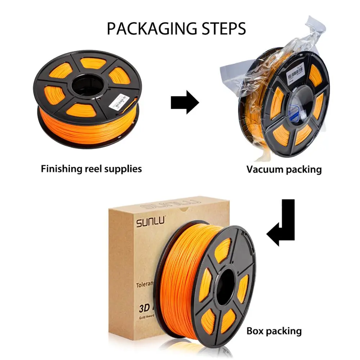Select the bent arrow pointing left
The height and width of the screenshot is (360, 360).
(283, 225)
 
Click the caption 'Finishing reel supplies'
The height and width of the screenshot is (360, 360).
(91, 168)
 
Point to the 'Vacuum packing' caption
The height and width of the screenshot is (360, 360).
(284, 169)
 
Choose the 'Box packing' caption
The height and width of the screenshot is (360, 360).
(274, 330)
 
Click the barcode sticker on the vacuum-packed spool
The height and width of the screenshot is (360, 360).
(296, 74)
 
